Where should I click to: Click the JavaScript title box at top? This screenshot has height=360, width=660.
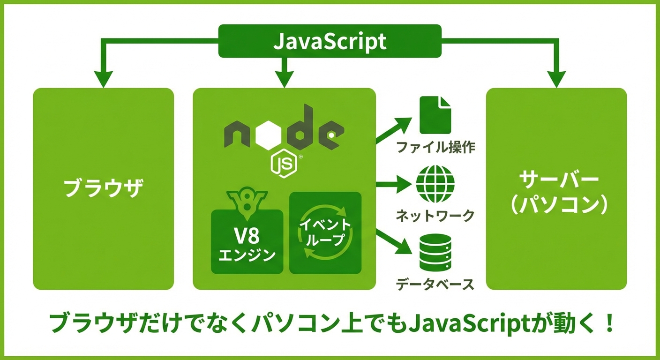[x=330, y=41]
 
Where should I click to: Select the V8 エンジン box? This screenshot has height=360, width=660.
[x=247, y=244]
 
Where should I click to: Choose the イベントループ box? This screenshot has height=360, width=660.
[x=325, y=233]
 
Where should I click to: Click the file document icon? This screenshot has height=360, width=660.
[x=435, y=115]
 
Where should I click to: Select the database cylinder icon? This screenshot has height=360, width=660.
[x=435, y=253]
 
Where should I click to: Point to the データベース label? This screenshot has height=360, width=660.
[x=435, y=285]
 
